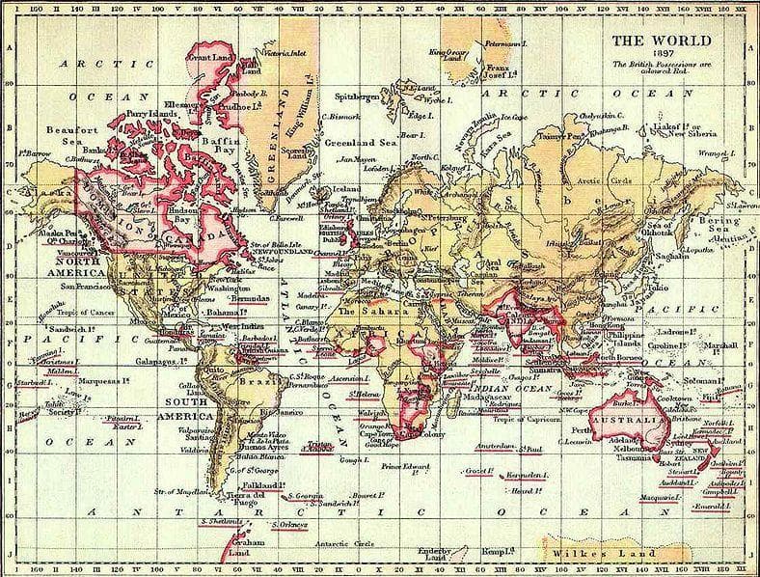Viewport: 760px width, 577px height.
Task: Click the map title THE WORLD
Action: click(665, 41)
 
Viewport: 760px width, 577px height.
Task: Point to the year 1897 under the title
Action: click(665, 53)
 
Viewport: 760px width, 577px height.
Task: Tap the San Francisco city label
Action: click(85, 287)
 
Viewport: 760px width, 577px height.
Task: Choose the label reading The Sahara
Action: click(363, 314)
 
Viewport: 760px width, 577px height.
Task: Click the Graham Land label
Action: click(225, 547)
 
